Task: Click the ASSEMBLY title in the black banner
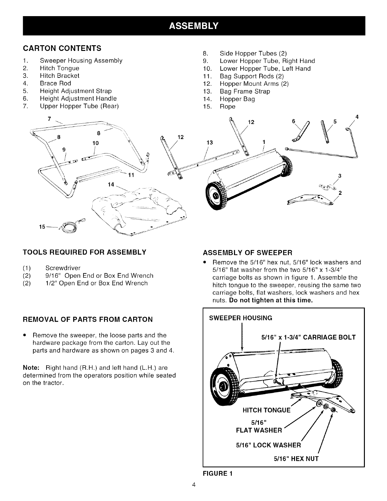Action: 193,26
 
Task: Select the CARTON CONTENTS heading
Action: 62,48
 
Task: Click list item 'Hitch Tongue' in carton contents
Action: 59,68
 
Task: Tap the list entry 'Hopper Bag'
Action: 237,99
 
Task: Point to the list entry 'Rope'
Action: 228,107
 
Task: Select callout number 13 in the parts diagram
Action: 209,142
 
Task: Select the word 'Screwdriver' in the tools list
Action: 63,268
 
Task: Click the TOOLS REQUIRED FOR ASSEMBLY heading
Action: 84,252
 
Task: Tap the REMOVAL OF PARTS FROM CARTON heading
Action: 88,319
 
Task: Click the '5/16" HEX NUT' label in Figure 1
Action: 296,459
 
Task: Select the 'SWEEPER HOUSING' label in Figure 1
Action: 241,318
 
